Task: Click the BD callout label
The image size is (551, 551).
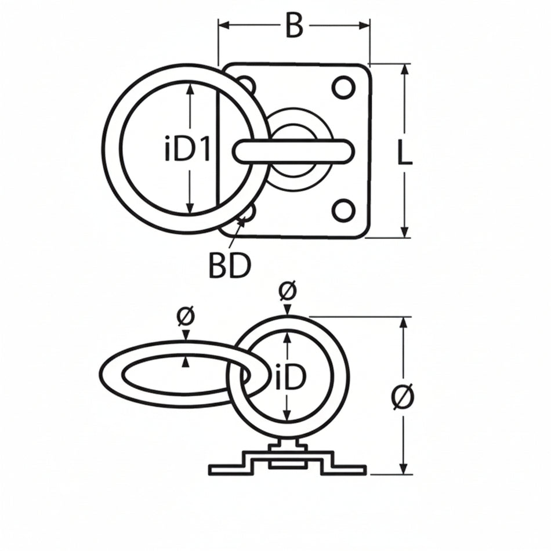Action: pyautogui.click(x=229, y=266)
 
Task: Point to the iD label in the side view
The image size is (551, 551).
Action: pyautogui.click(x=290, y=379)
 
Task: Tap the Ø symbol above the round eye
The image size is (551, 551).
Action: pyautogui.click(x=287, y=291)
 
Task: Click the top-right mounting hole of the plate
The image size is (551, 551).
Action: pyautogui.click(x=343, y=87)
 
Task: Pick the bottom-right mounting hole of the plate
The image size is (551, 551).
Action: pyautogui.click(x=343, y=210)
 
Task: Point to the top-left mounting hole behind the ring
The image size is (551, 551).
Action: pyautogui.click(x=246, y=85)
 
